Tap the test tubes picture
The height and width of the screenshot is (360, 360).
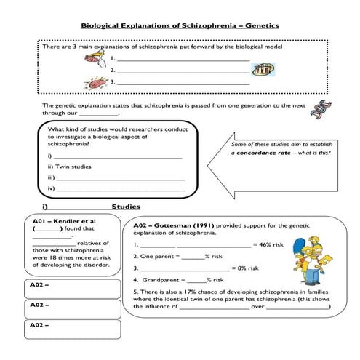(x=262, y=70)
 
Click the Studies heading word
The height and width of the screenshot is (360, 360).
(x=125, y=207)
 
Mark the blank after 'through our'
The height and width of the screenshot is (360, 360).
(x=97, y=114)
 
